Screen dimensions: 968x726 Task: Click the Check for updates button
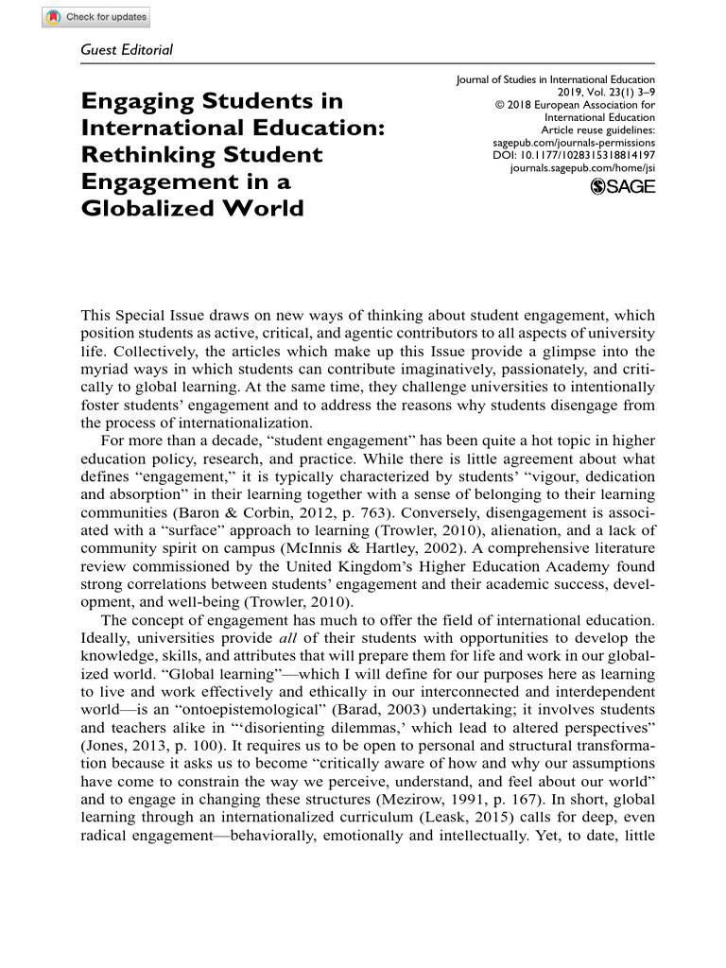tap(95, 17)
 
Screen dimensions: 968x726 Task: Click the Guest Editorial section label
tap(128, 49)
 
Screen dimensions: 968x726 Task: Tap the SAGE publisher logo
tap(622, 187)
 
